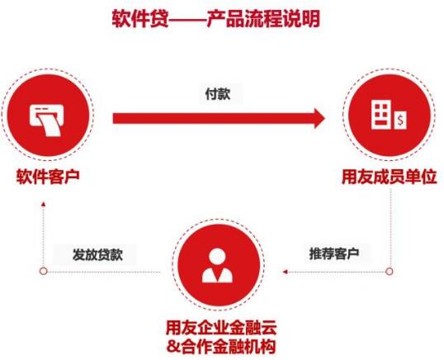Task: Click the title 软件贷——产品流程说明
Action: (215, 19)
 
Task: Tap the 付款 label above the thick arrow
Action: (218, 94)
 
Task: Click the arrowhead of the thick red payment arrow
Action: (319, 118)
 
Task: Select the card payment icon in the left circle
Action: (47, 120)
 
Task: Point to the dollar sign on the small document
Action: (399, 121)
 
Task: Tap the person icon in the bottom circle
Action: (218, 266)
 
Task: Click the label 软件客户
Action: (48, 177)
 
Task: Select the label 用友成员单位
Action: (390, 178)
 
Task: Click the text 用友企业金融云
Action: (221, 328)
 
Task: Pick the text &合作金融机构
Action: (221, 346)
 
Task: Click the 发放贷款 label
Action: (97, 254)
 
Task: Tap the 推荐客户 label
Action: (334, 253)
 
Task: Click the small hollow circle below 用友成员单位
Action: (390, 272)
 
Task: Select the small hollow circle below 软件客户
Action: (43, 271)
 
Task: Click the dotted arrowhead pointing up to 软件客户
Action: (43, 204)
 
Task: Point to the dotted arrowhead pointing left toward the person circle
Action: (286, 272)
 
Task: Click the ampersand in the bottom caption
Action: (172, 347)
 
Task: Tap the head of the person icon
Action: (217, 256)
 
